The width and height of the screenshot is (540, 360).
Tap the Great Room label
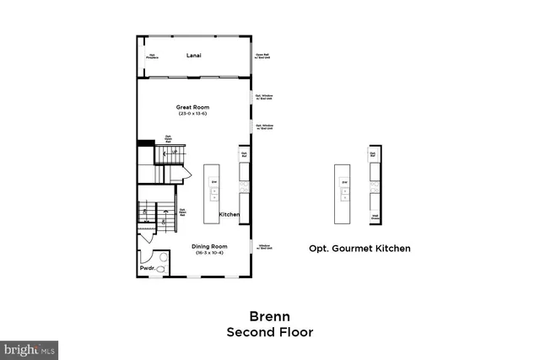point(192,107)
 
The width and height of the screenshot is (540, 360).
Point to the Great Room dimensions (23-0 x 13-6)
point(192,114)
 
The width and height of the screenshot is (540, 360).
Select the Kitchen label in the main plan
point(229,215)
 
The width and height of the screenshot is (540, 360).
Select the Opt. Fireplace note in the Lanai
point(153,57)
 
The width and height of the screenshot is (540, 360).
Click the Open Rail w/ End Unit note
point(262,57)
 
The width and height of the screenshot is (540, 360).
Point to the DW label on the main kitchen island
point(214,181)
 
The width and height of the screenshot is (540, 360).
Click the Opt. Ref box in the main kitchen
point(244,155)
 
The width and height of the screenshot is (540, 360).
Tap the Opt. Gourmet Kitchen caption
point(359,248)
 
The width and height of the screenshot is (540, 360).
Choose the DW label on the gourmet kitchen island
point(343,181)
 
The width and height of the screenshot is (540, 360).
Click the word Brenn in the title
point(270,317)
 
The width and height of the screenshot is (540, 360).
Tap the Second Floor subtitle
point(270,332)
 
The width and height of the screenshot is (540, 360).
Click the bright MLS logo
point(30,347)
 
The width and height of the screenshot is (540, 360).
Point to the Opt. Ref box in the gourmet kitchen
point(373,154)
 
